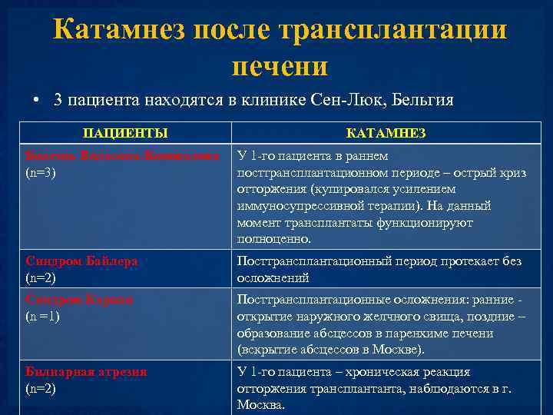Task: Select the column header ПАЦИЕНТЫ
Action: coord(125,133)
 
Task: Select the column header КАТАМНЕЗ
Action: coord(386,133)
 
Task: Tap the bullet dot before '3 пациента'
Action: coord(35,101)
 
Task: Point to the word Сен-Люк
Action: coord(345,100)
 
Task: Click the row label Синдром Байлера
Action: coord(81,261)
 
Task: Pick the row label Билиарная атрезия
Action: coord(86,371)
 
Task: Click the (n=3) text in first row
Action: coord(41,172)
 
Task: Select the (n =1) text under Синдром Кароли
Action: coord(43,316)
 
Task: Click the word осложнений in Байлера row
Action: coord(273,278)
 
